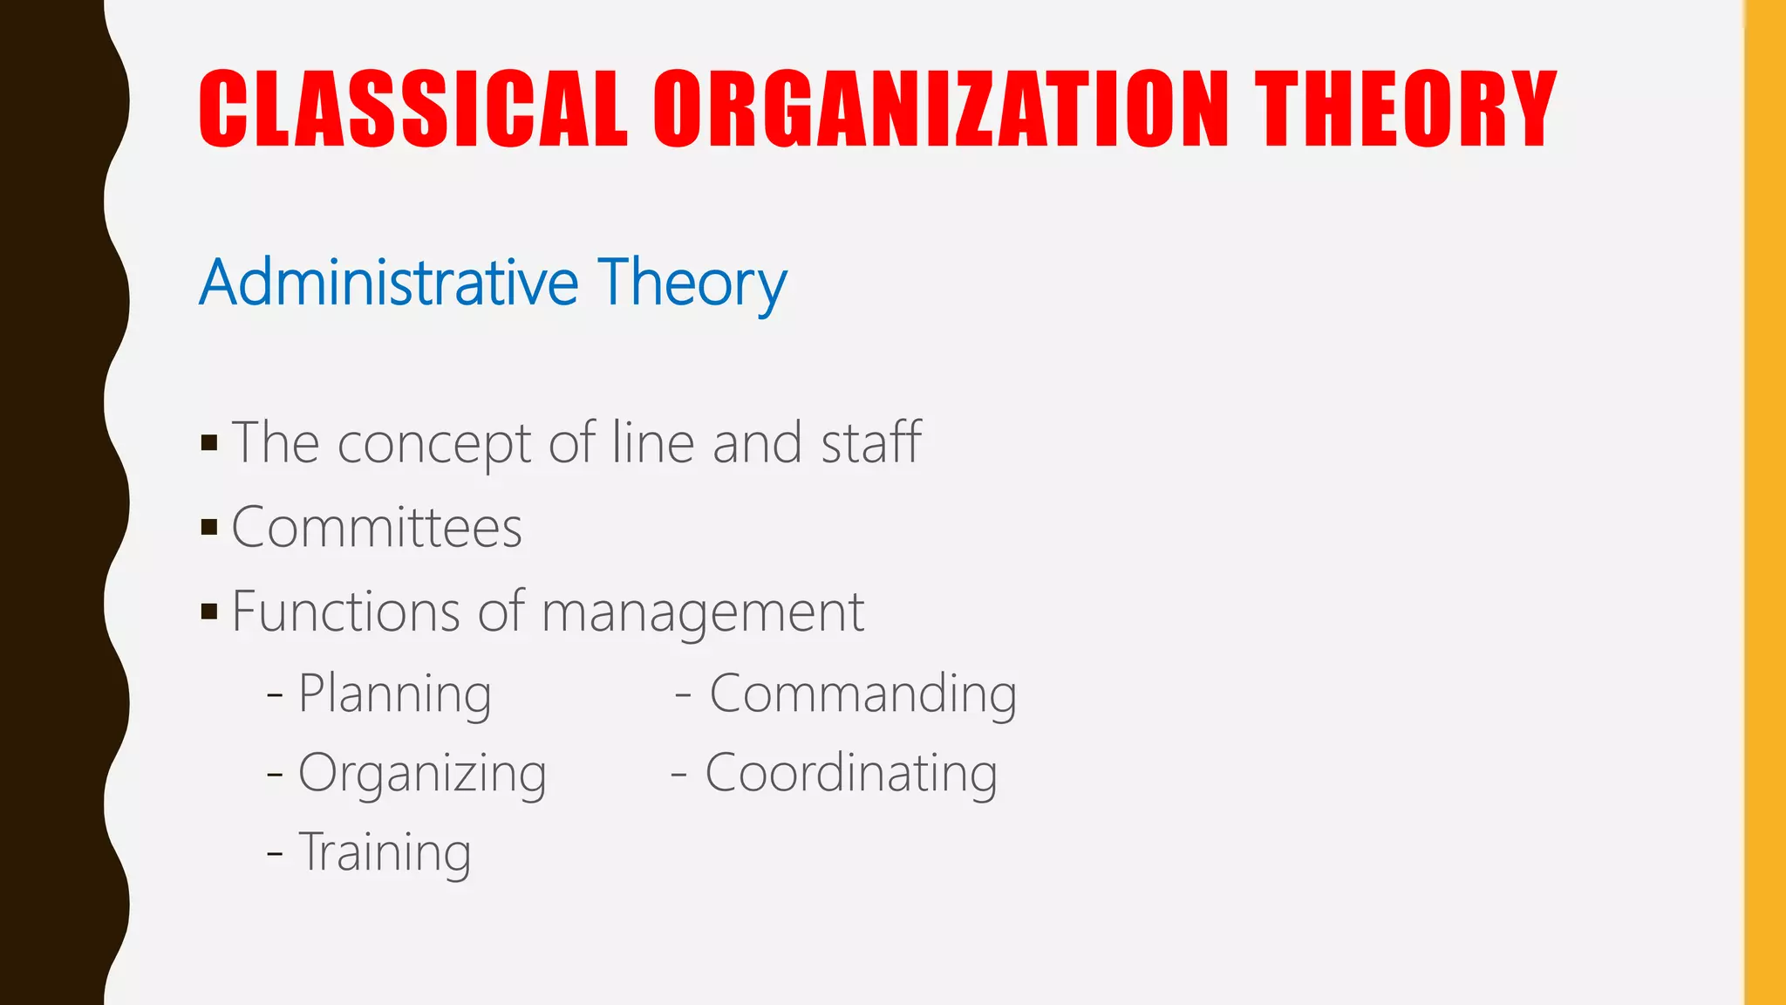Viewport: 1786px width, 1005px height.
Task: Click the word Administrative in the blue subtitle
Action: [389, 283]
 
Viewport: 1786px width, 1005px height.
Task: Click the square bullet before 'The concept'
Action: [209, 442]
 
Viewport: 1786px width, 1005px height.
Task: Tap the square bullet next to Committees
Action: [209, 527]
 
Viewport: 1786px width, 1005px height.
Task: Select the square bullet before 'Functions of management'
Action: [209, 611]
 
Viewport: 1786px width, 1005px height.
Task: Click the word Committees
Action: [377, 528]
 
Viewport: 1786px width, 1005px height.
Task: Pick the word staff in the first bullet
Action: [871, 441]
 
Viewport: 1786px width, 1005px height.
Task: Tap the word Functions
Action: [345, 611]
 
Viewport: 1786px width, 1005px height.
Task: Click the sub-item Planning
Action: [394, 694]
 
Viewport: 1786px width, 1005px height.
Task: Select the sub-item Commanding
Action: [862, 694]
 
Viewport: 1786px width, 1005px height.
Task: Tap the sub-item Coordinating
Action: [850, 774]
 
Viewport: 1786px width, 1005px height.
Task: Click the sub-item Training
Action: [385, 853]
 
